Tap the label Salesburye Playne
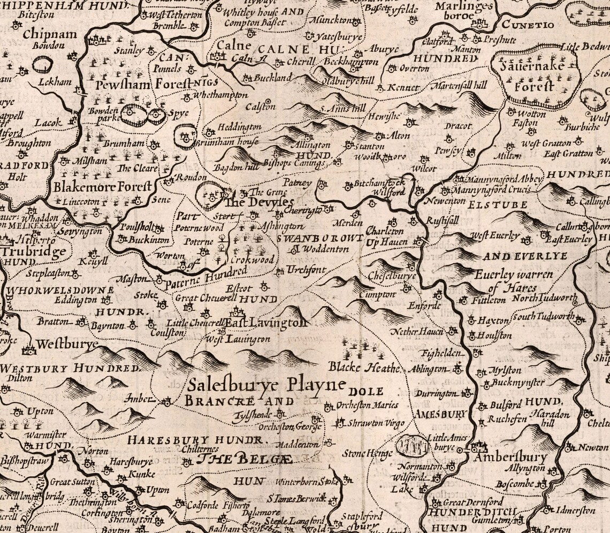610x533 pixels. (x=266, y=385)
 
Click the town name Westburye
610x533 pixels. (x=67, y=343)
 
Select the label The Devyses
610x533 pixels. (x=258, y=202)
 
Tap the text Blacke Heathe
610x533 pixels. (x=364, y=367)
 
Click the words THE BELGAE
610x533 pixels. (x=245, y=459)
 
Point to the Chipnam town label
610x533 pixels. (x=50, y=34)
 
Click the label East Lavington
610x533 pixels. (x=264, y=323)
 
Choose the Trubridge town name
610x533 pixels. (x=33, y=251)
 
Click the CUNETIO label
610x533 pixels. (x=521, y=25)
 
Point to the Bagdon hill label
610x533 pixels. (x=236, y=168)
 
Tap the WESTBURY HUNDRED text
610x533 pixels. (x=70, y=369)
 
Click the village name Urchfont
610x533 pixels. (x=306, y=270)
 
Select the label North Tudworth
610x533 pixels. (x=544, y=299)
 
